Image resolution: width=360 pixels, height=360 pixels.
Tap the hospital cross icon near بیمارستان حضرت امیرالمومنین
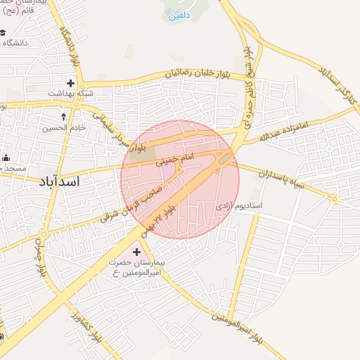136,251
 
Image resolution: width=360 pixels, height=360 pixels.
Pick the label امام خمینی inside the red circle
173,158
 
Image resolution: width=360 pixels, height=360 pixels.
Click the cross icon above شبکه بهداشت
70,83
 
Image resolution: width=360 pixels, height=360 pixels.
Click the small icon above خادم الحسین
65,115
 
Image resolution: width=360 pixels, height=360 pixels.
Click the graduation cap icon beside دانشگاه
4,33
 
